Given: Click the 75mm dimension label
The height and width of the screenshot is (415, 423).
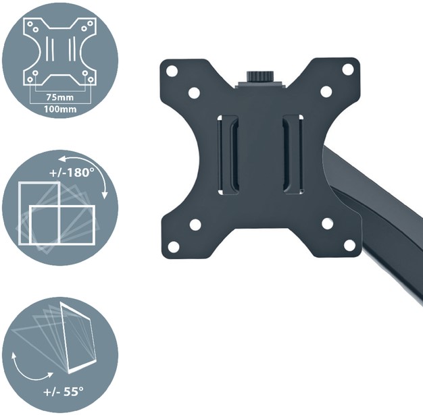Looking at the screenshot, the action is coord(60,97).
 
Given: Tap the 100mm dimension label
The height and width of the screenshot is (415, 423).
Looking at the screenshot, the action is coord(60,109).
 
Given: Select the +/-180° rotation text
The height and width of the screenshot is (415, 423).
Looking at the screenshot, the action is coord(70,173).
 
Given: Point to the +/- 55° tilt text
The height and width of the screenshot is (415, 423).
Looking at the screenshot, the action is coord(64,391).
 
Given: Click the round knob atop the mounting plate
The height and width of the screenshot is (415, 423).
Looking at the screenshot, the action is coord(259,76).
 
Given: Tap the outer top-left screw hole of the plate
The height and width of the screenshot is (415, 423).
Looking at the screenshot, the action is coord(172,71).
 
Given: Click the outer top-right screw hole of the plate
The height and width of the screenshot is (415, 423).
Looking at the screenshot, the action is coord(348,69).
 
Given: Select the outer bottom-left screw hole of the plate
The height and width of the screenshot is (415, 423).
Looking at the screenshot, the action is coord(173,246).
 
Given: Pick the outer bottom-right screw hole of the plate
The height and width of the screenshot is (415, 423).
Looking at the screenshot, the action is coord(349,245).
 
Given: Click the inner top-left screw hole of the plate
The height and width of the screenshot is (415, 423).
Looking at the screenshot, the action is coord(194,92).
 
